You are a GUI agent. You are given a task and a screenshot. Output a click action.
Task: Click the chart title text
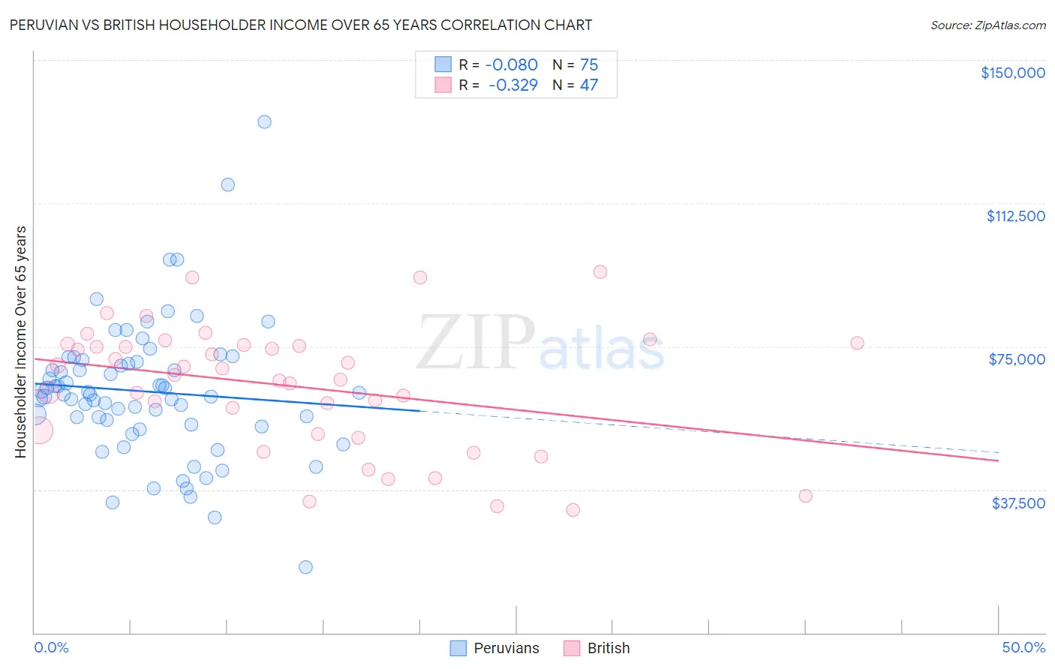click(x=300, y=25)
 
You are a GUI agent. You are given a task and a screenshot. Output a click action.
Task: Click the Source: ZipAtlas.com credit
click(x=987, y=25)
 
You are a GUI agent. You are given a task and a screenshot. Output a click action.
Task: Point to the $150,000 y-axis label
click(x=1012, y=73)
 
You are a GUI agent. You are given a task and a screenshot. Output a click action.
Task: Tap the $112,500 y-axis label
click(x=1015, y=216)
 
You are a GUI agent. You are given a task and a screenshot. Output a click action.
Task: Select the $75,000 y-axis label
click(x=1017, y=359)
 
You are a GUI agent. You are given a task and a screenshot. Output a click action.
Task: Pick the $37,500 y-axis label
click(x=1018, y=503)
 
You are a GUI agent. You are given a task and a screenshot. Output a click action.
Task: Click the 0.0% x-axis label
click(x=51, y=647)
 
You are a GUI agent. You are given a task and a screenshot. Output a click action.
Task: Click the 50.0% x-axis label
click(x=1023, y=647)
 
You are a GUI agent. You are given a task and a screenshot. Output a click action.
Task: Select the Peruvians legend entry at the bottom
click(x=494, y=648)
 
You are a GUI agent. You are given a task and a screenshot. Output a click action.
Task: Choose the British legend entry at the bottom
click(x=597, y=648)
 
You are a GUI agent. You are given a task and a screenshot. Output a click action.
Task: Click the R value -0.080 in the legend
click(x=512, y=64)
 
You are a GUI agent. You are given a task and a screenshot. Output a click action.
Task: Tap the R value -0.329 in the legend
click(x=512, y=85)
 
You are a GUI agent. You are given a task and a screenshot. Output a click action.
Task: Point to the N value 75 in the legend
click(x=589, y=64)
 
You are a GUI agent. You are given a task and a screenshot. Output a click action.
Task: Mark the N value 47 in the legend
click(x=589, y=85)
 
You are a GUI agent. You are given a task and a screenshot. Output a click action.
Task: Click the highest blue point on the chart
click(x=264, y=121)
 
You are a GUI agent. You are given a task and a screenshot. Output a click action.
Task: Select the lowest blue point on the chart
click(x=305, y=567)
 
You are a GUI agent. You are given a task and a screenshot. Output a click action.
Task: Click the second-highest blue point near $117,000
click(x=227, y=184)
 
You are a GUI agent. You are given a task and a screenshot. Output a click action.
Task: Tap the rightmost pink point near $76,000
click(x=857, y=343)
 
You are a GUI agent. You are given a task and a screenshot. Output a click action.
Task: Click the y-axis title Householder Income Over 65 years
click(x=20, y=341)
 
